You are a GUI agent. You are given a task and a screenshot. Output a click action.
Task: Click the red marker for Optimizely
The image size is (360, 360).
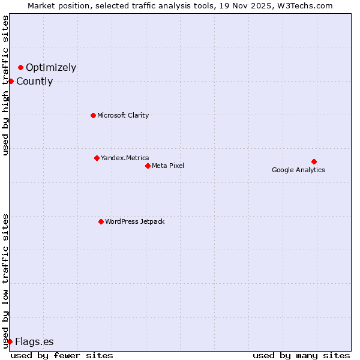20,68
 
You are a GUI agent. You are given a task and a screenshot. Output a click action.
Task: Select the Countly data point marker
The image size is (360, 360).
11,81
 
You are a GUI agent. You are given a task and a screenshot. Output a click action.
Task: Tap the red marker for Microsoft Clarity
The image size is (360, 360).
93,115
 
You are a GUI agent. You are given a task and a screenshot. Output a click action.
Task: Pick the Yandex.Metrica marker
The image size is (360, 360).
97,158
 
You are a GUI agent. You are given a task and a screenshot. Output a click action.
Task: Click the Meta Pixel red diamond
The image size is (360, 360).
148,166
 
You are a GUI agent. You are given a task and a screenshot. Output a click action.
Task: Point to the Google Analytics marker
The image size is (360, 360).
314,161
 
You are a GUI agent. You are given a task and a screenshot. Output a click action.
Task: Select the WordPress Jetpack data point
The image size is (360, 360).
101,221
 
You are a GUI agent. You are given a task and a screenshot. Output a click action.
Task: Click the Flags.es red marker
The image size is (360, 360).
10,341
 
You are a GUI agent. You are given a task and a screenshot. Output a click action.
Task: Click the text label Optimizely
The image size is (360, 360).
51,68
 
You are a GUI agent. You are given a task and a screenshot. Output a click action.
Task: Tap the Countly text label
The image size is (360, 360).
34,82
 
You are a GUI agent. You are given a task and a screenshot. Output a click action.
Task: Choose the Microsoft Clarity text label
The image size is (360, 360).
123,115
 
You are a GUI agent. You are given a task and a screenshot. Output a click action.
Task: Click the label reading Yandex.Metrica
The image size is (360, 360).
125,158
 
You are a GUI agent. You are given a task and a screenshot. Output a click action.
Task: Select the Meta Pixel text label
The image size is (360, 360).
168,166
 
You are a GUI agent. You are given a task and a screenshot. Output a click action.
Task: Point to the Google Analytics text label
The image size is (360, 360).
298,170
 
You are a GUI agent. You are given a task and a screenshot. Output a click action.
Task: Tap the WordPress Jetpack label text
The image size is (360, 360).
134,221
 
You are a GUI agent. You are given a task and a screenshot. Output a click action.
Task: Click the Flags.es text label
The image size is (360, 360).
34,342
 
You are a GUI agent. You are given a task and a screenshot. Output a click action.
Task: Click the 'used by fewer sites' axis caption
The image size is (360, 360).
62,355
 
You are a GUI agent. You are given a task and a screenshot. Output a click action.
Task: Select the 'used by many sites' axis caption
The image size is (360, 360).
301,355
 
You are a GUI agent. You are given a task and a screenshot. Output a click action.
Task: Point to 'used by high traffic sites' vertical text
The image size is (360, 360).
5,85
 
